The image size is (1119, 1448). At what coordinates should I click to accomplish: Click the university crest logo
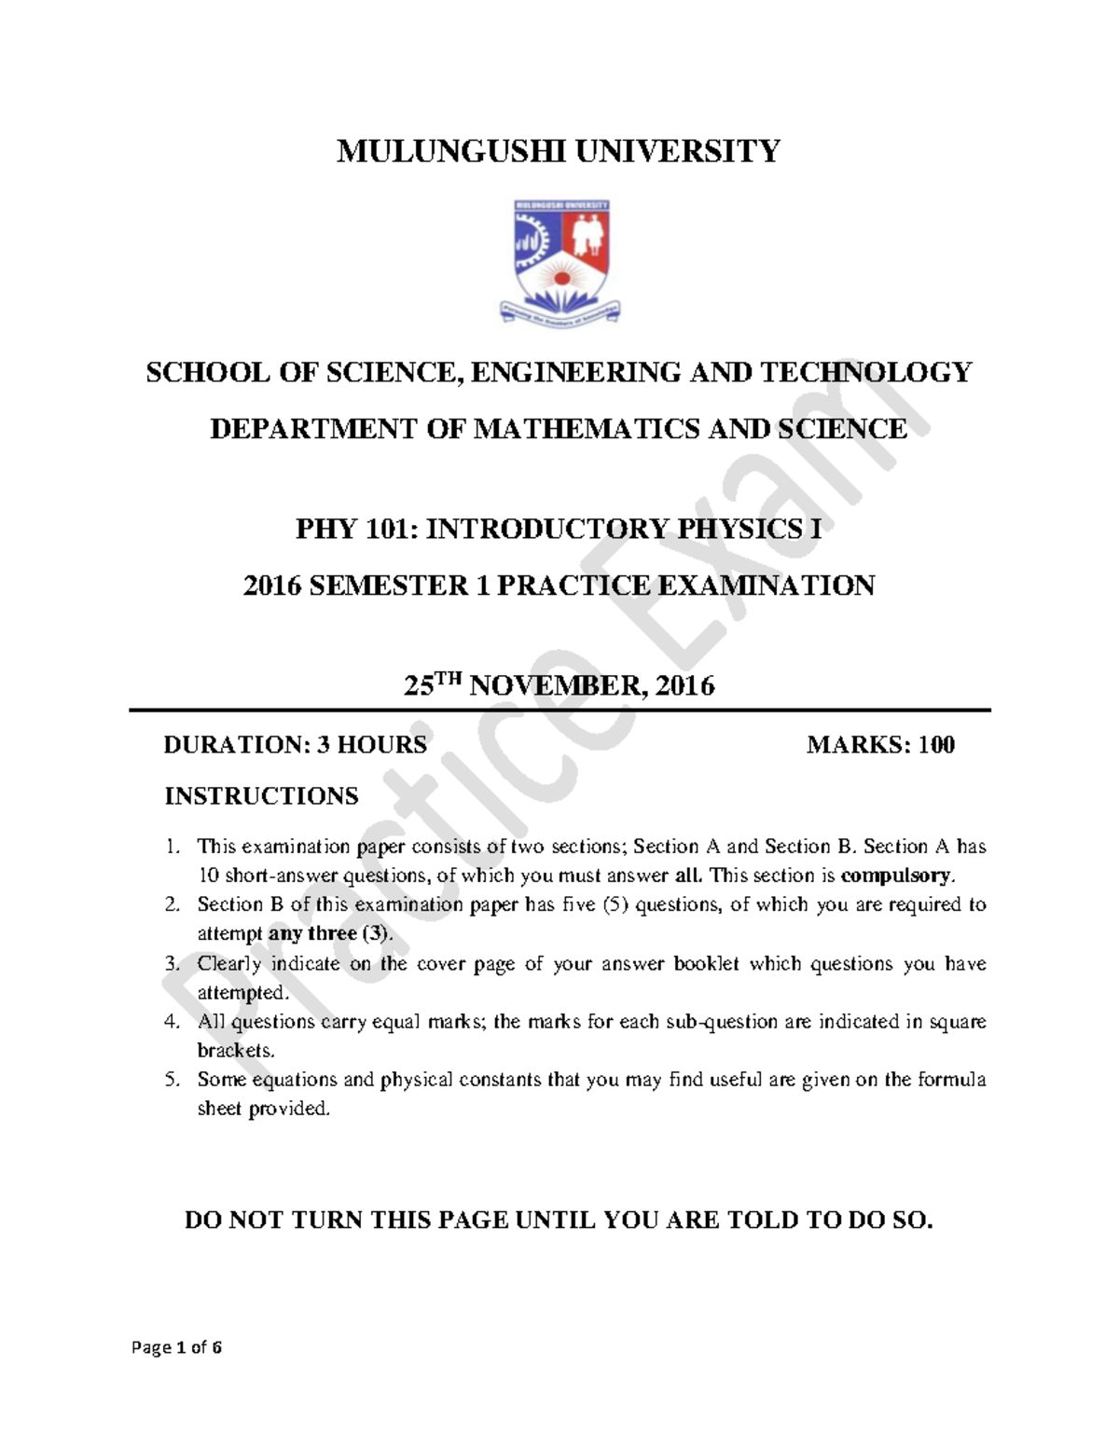click(560, 260)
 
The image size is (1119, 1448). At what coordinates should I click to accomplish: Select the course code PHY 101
click(355, 530)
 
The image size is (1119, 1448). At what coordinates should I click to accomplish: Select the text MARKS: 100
click(880, 745)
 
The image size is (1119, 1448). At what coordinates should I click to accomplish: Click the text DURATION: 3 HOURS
click(295, 745)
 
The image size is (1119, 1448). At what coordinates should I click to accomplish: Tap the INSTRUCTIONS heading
click(261, 796)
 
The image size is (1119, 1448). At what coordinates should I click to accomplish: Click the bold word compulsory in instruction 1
click(897, 876)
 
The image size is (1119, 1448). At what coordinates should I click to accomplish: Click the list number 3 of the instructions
click(171, 963)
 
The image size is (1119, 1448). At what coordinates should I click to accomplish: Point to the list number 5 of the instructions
click(171, 1080)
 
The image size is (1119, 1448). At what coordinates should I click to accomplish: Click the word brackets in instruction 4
click(235, 1050)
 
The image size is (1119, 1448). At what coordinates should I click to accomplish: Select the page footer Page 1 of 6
click(177, 1347)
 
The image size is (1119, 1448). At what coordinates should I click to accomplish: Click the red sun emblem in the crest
click(560, 276)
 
